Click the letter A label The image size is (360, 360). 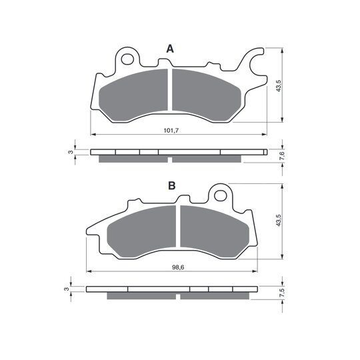click(170, 49)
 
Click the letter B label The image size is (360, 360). click(172, 185)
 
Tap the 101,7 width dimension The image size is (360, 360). click(171, 131)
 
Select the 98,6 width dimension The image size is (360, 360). click(178, 267)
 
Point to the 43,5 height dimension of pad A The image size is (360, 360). click(279, 86)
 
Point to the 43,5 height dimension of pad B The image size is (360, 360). click(279, 221)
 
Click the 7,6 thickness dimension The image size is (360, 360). click(283, 156)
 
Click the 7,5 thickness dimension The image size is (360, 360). click(283, 293)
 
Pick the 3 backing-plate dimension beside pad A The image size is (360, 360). click(71, 152)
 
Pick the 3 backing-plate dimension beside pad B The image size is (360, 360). click(67, 289)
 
